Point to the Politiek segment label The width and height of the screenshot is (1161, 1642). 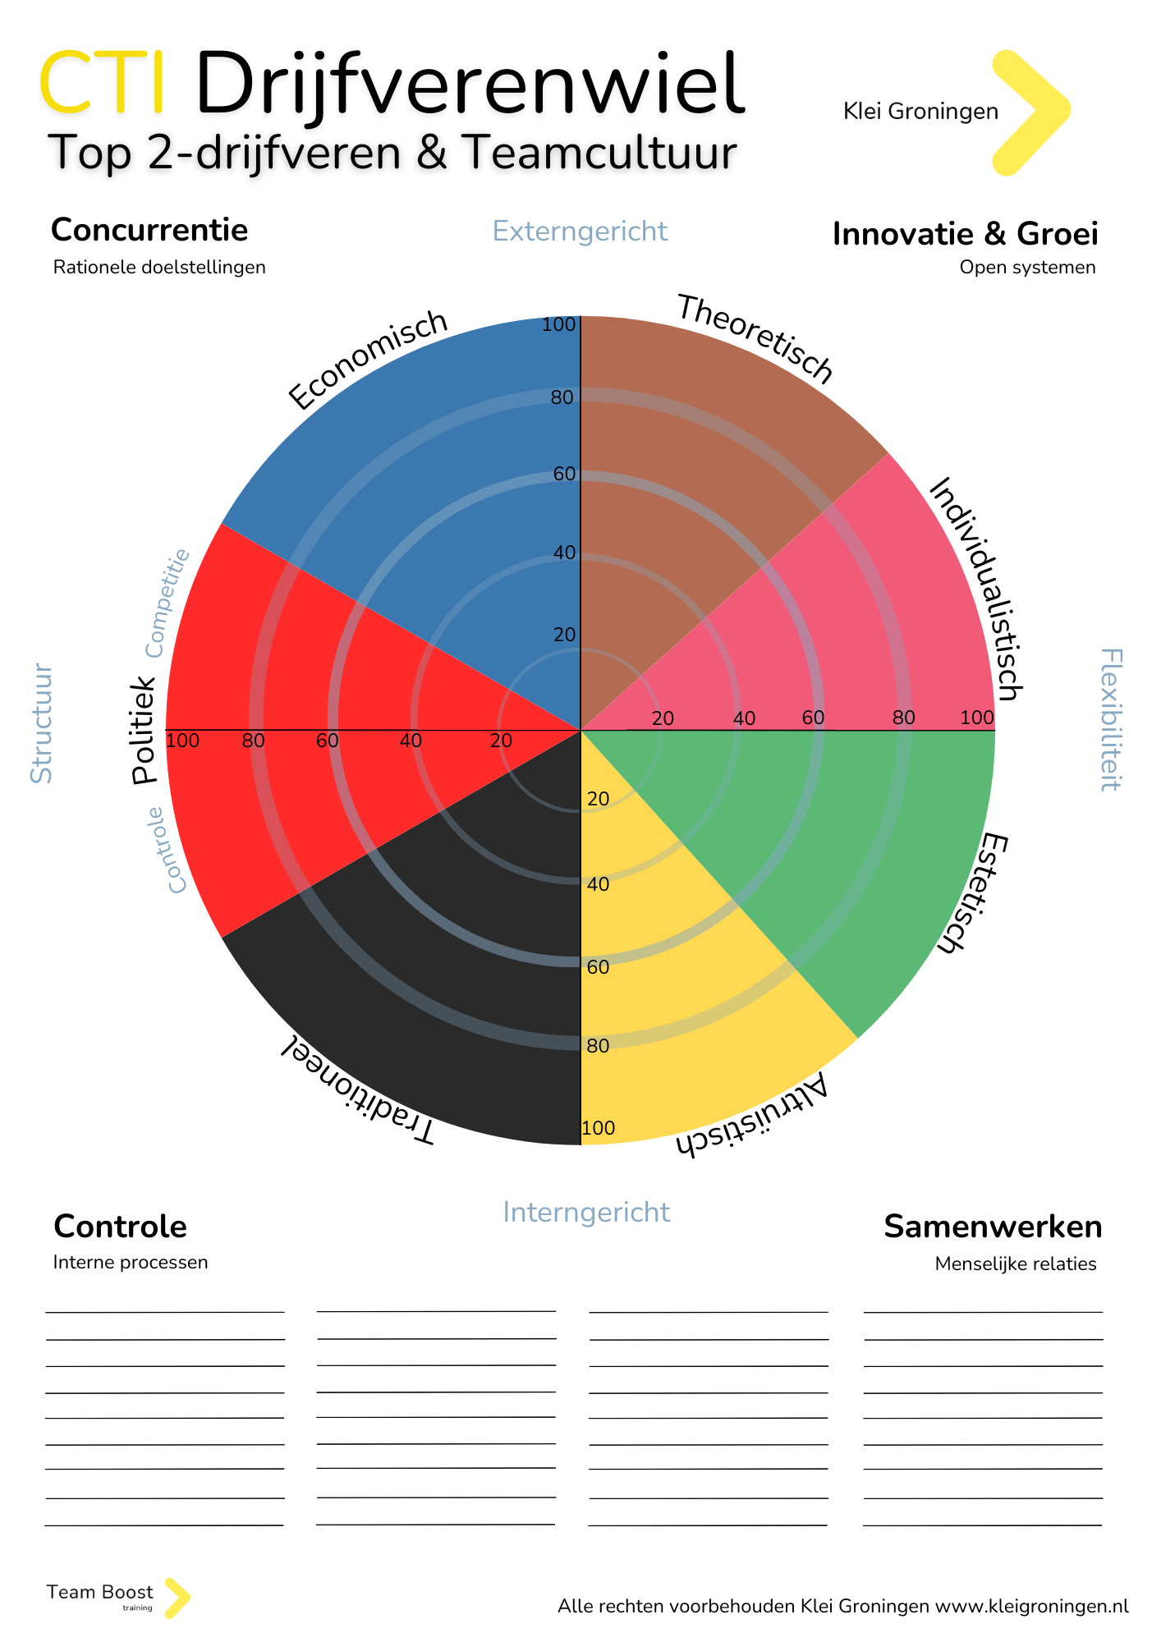pyautogui.click(x=144, y=730)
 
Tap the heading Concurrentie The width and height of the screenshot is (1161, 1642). pyautogui.click(x=149, y=231)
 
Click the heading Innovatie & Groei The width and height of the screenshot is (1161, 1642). pyautogui.click(x=965, y=234)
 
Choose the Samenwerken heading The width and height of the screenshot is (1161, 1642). pyautogui.click(x=993, y=1227)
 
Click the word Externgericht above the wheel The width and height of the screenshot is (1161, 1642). pyautogui.click(x=580, y=232)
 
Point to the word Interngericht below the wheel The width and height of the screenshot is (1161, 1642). pyautogui.click(x=586, y=1213)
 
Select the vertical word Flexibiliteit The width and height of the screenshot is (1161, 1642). pyautogui.click(x=1110, y=719)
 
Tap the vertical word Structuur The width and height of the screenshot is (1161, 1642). pyautogui.click(x=41, y=723)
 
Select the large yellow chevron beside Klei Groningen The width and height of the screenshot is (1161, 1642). pyautogui.click(x=1028, y=112)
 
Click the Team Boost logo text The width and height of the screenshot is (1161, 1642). pyautogui.click(x=100, y=1593)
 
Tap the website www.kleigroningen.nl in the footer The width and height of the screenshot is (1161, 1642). pyautogui.click(x=1031, y=1606)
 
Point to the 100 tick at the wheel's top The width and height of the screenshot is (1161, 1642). pyautogui.click(x=559, y=325)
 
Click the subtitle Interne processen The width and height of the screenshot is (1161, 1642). pyautogui.click(x=131, y=1262)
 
